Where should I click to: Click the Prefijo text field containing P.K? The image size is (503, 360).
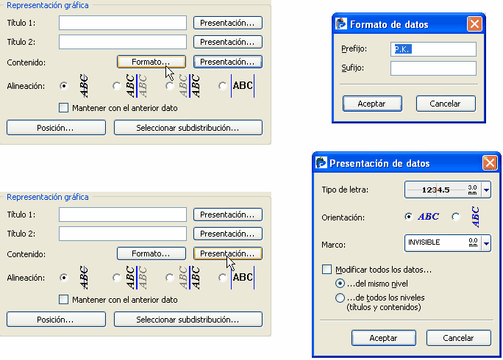(x=433, y=49)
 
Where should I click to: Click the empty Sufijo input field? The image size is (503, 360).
(x=433, y=68)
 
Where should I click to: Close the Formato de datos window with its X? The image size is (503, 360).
(x=474, y=24)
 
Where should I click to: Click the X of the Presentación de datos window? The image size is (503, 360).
(x=490, y=163)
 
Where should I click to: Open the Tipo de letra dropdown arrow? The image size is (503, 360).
(x=486, y=190)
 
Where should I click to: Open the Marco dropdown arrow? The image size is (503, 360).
(x=486, y=243)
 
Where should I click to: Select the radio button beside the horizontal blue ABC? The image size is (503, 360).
(x=408, y=217)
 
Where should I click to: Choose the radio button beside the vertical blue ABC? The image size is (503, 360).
(x=455, y=217)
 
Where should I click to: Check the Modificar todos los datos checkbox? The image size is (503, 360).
(x=327, y=270)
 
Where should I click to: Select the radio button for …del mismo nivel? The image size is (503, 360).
(x=340, y=284)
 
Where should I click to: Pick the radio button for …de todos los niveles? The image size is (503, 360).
(x=340, y=298)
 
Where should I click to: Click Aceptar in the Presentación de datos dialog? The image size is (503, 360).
(x=384, y=338)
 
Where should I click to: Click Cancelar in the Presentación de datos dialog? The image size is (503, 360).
(x=458, y=338)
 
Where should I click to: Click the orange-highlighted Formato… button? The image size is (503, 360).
(x=151, y=62)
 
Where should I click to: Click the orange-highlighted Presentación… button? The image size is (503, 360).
(x=228, y=253)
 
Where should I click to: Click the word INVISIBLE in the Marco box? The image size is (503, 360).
(x=424, y=242)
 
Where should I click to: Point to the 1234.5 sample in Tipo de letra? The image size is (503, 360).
(x=435, y=190)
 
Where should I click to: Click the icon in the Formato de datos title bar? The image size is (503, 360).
(x=341, y=24)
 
